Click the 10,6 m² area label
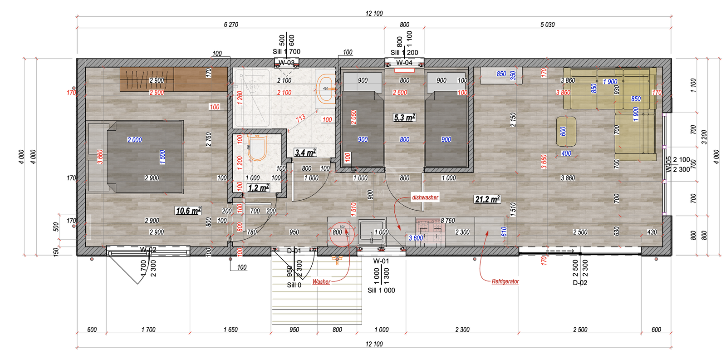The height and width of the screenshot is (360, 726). click(188, 211)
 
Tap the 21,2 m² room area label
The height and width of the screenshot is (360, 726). click(487, 199)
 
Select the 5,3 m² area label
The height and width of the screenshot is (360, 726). click(404, 118)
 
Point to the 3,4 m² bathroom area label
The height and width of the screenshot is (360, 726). click(305, 153)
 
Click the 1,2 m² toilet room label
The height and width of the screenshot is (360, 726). click(258, 188)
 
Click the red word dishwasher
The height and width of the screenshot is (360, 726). click(425, 197)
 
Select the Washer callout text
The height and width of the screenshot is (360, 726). click(321, 282)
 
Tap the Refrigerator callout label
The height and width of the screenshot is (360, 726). click(505, 281)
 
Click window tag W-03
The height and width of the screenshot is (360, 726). click(286, 63)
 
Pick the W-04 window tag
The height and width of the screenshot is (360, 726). click(404, 63)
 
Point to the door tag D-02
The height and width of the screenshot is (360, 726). click(580, 283)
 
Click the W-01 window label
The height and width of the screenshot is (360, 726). click(381, 261)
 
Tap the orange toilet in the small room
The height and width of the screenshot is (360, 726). click(257, 148)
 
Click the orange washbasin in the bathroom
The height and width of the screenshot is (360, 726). click(325, 89)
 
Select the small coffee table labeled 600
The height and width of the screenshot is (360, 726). click(566, 132)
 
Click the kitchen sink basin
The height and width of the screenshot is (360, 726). click(371, 232)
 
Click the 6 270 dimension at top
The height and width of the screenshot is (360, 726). click(231, 25)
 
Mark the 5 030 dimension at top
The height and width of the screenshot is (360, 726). click(547, 25)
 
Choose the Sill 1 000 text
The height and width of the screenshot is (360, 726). click(381, 291)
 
